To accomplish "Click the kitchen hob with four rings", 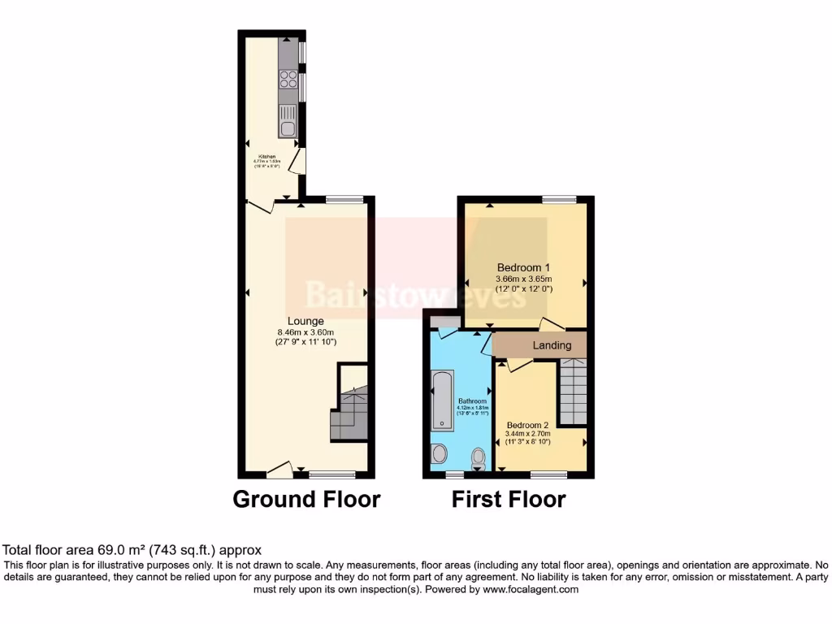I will [288, 79].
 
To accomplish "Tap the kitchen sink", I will [288, 127].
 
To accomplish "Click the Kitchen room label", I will [267, 156].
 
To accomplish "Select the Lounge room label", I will [305, 321].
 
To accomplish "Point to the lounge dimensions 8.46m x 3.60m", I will [305, 331].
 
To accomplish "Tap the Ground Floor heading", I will [306, 499].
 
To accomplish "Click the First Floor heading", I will [509, 499].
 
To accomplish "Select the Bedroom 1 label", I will [524, 267].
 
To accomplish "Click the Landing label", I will [552, 345].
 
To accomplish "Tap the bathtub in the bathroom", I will [443, 401].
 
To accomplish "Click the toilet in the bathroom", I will [477, 459].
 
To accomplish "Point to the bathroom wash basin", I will [440, 453].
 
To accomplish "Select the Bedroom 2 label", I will [528, 425].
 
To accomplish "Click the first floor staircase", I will [573, 394].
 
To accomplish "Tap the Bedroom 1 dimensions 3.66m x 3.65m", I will [524, 279].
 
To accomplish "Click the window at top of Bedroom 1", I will [560, 199].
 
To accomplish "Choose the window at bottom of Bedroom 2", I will [549, 473].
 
